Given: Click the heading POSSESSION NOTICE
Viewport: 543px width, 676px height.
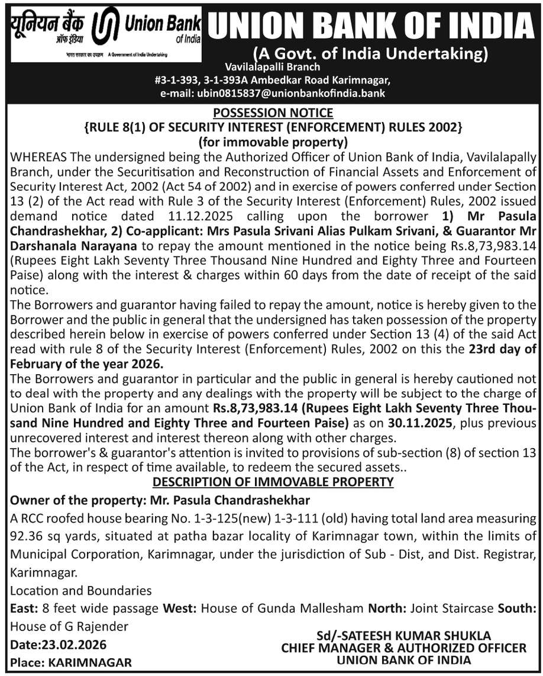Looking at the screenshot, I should pos(273,112).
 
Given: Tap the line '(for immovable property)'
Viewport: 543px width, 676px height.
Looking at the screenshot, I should pos(273,141).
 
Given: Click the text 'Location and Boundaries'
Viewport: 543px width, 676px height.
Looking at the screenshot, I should pos(81,591).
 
